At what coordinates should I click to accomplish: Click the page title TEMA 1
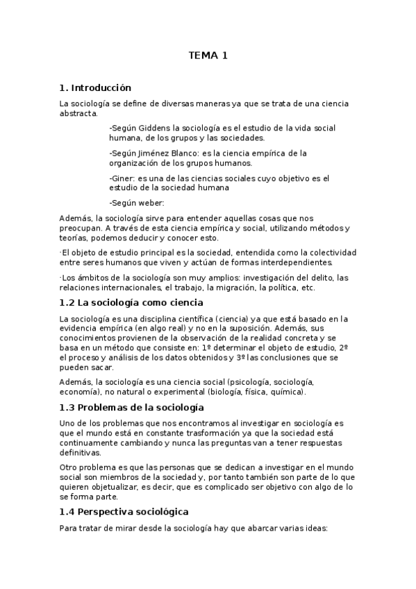[x=208, y=56]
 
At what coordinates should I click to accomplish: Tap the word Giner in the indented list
[x=123, y=179]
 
